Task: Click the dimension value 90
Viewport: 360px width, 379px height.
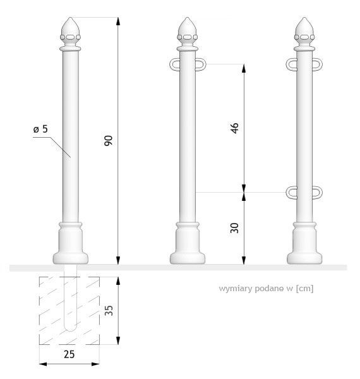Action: [x=109, y=140]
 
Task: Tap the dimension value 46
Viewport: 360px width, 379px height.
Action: [x=234, y=128]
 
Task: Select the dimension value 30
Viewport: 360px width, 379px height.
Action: [x=234, y=228]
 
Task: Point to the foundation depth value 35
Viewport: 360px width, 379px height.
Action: [x=109, y=310]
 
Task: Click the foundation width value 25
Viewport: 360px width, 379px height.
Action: [x=69, y=354]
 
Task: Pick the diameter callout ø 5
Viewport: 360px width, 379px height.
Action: [x=40, y=129]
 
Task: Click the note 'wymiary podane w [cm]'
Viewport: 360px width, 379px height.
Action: [x=266, y=289]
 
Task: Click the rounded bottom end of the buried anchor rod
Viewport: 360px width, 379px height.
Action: [x=70, y=328]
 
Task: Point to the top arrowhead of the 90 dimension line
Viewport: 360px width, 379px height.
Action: [x=118, y=21]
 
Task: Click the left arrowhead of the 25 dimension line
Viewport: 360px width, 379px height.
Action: [x=43, y=364]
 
